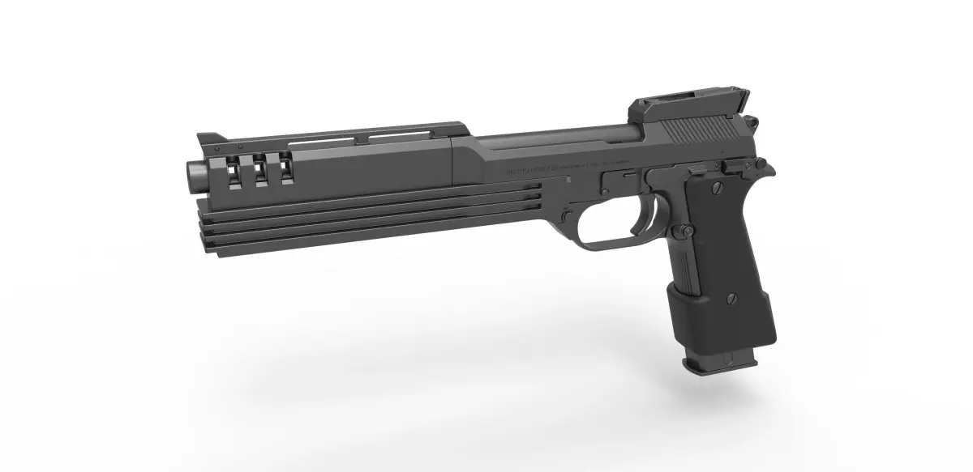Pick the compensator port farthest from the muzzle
(286, 167)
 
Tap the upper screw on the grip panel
(717, 187)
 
